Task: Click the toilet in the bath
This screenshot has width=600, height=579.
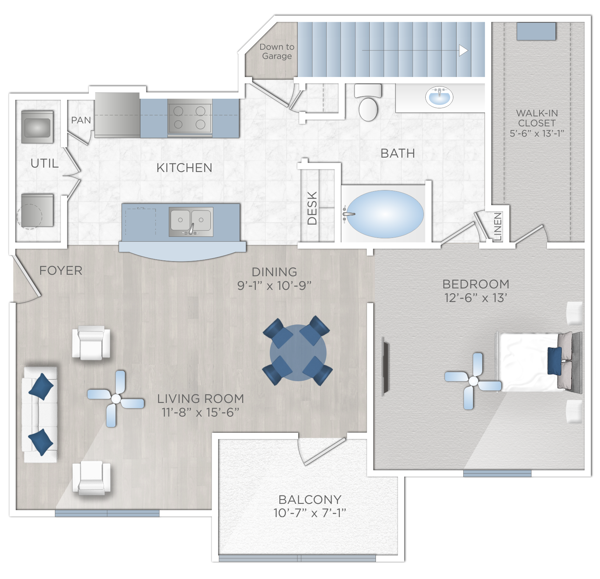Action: (x=368, y=102)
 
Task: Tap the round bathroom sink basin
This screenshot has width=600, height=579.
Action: (x=439, y=97)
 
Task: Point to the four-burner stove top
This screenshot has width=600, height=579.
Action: (x=189, y=117)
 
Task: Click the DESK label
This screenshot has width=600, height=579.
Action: (x=312, y=208)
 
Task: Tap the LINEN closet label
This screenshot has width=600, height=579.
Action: (x=498, y=227)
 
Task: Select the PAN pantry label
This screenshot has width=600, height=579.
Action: (x=81, y=120)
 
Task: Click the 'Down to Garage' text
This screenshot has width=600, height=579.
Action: (x=277, y=52)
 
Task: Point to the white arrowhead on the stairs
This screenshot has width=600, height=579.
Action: (x=463, y=50)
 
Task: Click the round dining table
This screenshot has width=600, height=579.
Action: (x=298, y=352)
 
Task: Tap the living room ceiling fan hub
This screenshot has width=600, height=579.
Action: (x=116, y=399)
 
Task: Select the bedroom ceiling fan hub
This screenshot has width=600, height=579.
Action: (x=473, y=381)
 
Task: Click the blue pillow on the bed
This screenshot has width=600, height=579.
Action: (x=554, y=361)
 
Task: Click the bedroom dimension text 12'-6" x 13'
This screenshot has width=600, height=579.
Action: (x=476, y=298)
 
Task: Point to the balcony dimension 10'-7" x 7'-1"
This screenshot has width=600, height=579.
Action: (x=310, y=513)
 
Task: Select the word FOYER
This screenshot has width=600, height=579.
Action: (x=61, y=270)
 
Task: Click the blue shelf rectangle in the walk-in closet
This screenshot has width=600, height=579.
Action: (x=536, y=31)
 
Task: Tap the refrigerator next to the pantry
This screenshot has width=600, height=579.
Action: (x=117, y=115)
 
